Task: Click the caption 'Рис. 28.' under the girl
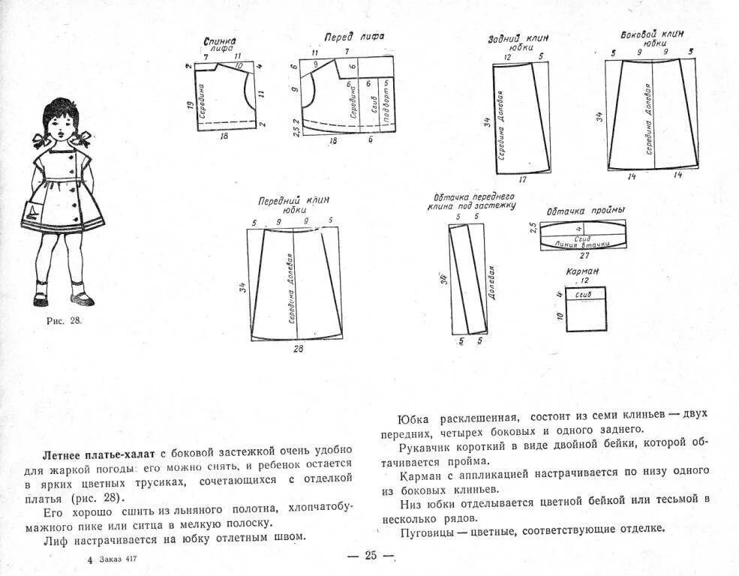(x=64, y=320)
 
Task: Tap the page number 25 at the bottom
(x=371, y=556)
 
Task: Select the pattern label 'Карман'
(x=583, y=271)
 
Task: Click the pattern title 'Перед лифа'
(x=349, y=37)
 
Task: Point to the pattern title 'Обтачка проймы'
(x=575, y=211)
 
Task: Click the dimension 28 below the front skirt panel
(x=298, y=349)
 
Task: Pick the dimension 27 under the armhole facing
(x=584, y=255)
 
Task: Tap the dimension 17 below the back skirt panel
(x=522, y=180)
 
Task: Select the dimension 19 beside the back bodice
(x=191, y=107)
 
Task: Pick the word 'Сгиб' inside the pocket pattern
(x=583, y=295)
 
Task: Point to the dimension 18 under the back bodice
(x=223, y=137)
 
